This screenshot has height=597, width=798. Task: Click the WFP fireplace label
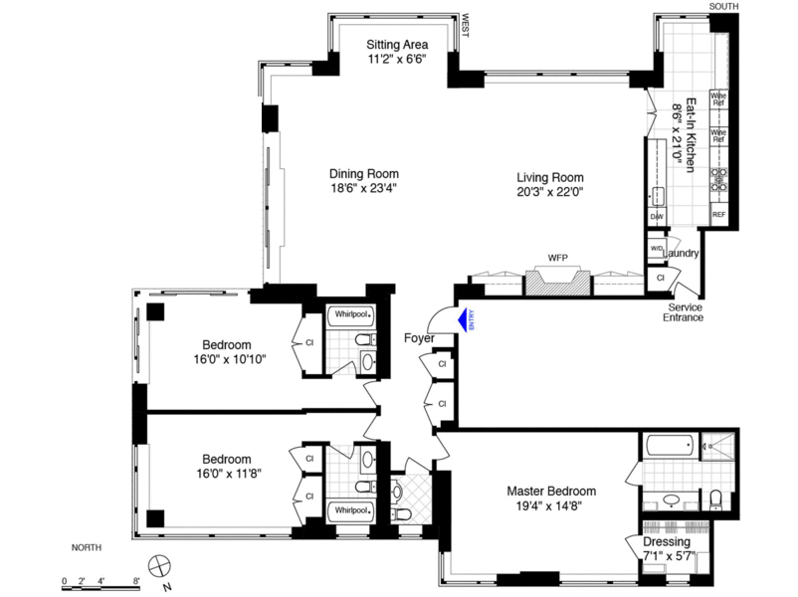558,259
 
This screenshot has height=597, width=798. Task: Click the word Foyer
419,338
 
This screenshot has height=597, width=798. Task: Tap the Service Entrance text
685,312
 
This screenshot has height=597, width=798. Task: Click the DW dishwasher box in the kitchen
656,216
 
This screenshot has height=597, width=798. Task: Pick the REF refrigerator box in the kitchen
718,215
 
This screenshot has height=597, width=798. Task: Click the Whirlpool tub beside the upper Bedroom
353,314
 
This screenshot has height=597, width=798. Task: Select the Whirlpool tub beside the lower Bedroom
353,508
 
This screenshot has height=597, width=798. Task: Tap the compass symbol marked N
158,568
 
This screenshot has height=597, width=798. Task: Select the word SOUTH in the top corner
724,6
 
